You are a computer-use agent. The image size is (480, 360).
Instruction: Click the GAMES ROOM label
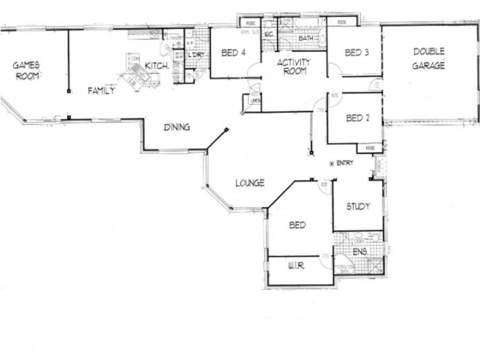coord(27,70)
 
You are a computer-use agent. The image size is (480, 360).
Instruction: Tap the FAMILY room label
coord(101,91)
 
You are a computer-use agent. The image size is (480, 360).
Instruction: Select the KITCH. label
coord(157,66)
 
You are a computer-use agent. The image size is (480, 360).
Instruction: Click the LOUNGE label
coord(250,183)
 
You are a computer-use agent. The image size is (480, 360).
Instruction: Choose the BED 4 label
coord(233,53)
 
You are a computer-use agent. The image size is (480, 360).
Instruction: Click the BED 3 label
coord(357,53)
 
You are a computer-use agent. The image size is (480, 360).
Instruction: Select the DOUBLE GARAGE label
coord(428,59)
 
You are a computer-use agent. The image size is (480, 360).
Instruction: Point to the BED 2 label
coord(358,118)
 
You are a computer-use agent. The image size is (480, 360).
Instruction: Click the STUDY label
coord(358,206)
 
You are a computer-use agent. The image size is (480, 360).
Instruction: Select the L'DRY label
coord(196,55)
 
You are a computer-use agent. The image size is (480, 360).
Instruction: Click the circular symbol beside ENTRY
coord(332,163)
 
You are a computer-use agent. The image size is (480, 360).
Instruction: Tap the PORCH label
coord(378,166)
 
